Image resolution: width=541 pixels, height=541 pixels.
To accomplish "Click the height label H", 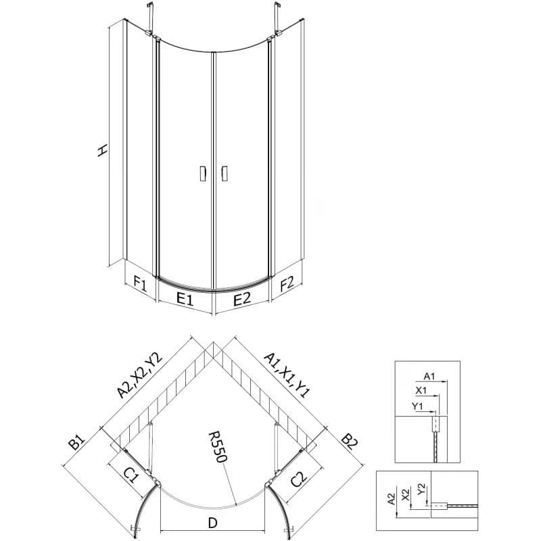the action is (x=103, y=150).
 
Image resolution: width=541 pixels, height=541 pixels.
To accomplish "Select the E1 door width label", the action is (x=185, y=298).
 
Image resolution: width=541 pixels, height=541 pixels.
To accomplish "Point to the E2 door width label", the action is (x=242, y=298).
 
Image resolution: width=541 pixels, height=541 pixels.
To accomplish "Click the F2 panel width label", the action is (x=287, y=284).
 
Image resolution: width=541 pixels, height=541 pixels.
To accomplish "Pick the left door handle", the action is (x=204, y=173).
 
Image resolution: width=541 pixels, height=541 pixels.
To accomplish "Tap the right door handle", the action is (x=225, y=173).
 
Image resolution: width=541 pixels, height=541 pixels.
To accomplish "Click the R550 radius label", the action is (x=218, y=447).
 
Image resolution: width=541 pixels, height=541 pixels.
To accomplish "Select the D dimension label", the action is (x=213, y=523).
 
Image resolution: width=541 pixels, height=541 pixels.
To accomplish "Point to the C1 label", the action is (x=131, y=477).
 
